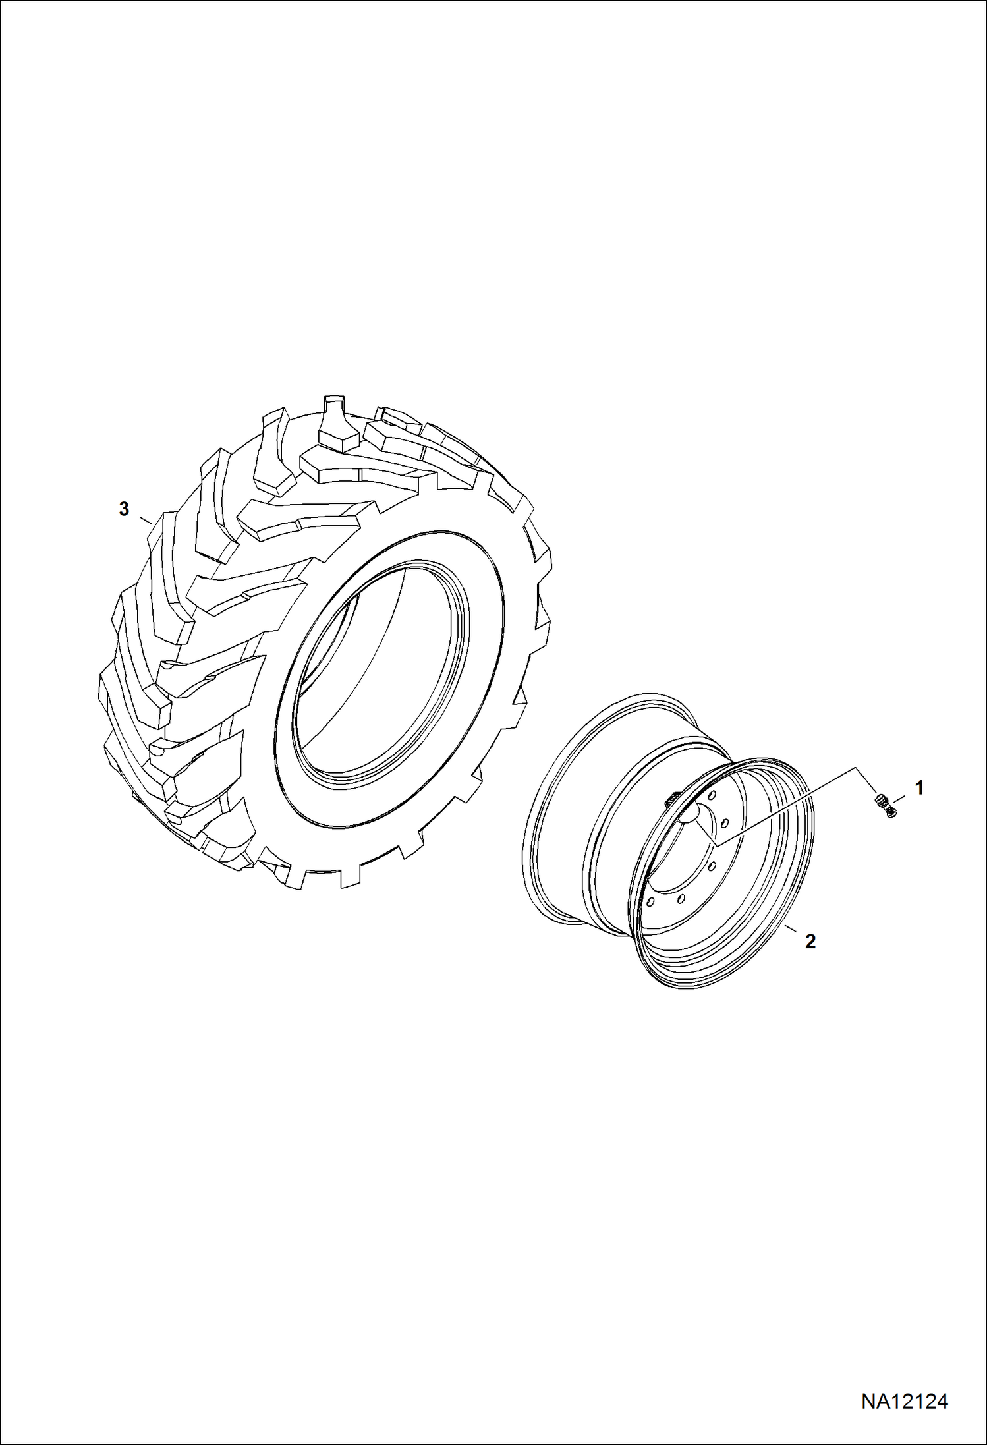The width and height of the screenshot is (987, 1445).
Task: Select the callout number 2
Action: point(810,942)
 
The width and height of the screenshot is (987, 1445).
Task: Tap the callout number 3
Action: point(124,509)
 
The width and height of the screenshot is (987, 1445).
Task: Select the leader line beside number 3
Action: point(146,521)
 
